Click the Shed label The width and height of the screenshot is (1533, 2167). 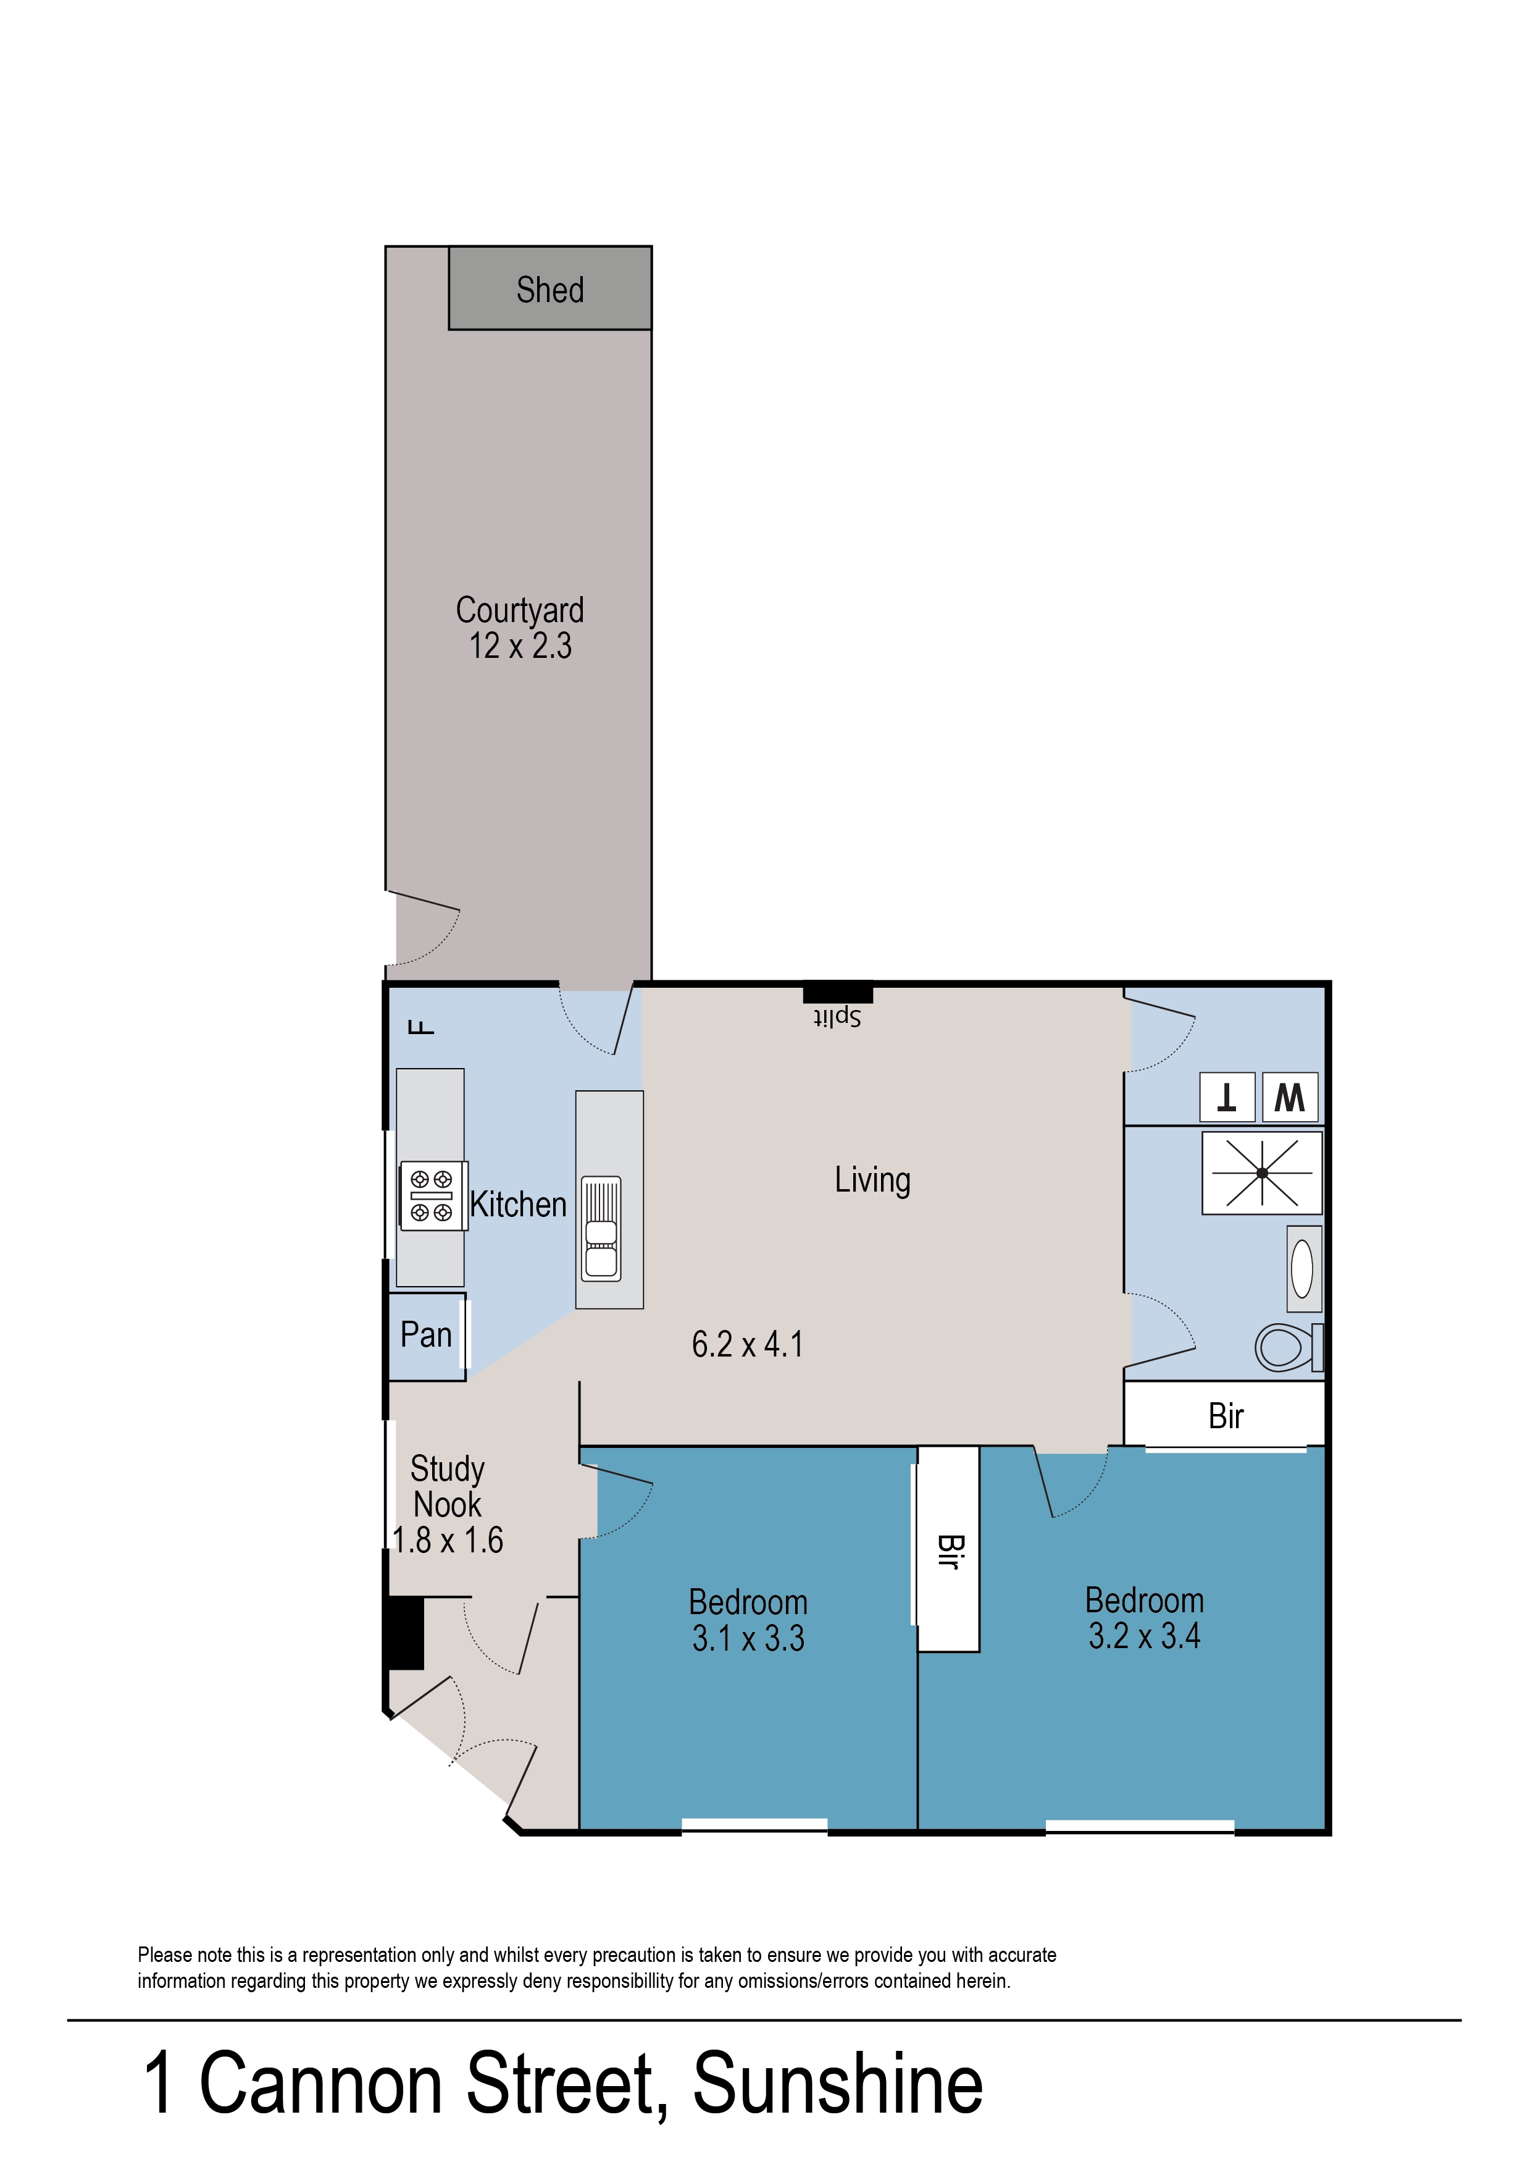pyautogui.click(x=549, y=290)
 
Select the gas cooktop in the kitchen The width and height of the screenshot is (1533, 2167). pyautogui.click(x=432, y=1195)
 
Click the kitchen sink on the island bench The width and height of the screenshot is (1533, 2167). pyautogui.click(x=601, y=1229)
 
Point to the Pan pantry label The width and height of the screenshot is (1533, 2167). pyautogui.click(x=426, y=1334)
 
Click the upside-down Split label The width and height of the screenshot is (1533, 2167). pyautogui.click(x=837, y=1017)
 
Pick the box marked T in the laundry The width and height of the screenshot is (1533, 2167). pyautogui.click(x=1227, y=1097)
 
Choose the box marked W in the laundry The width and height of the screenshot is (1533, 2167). pyautogui.click(x=1290, y=1097)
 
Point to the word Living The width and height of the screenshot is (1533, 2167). pyautogui.click(x=872, y=1180)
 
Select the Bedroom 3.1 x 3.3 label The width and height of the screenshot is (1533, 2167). pyautogui.click(x=748, y=1620)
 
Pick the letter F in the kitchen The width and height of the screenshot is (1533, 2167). pyautogui.click(x=421, y=1027)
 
